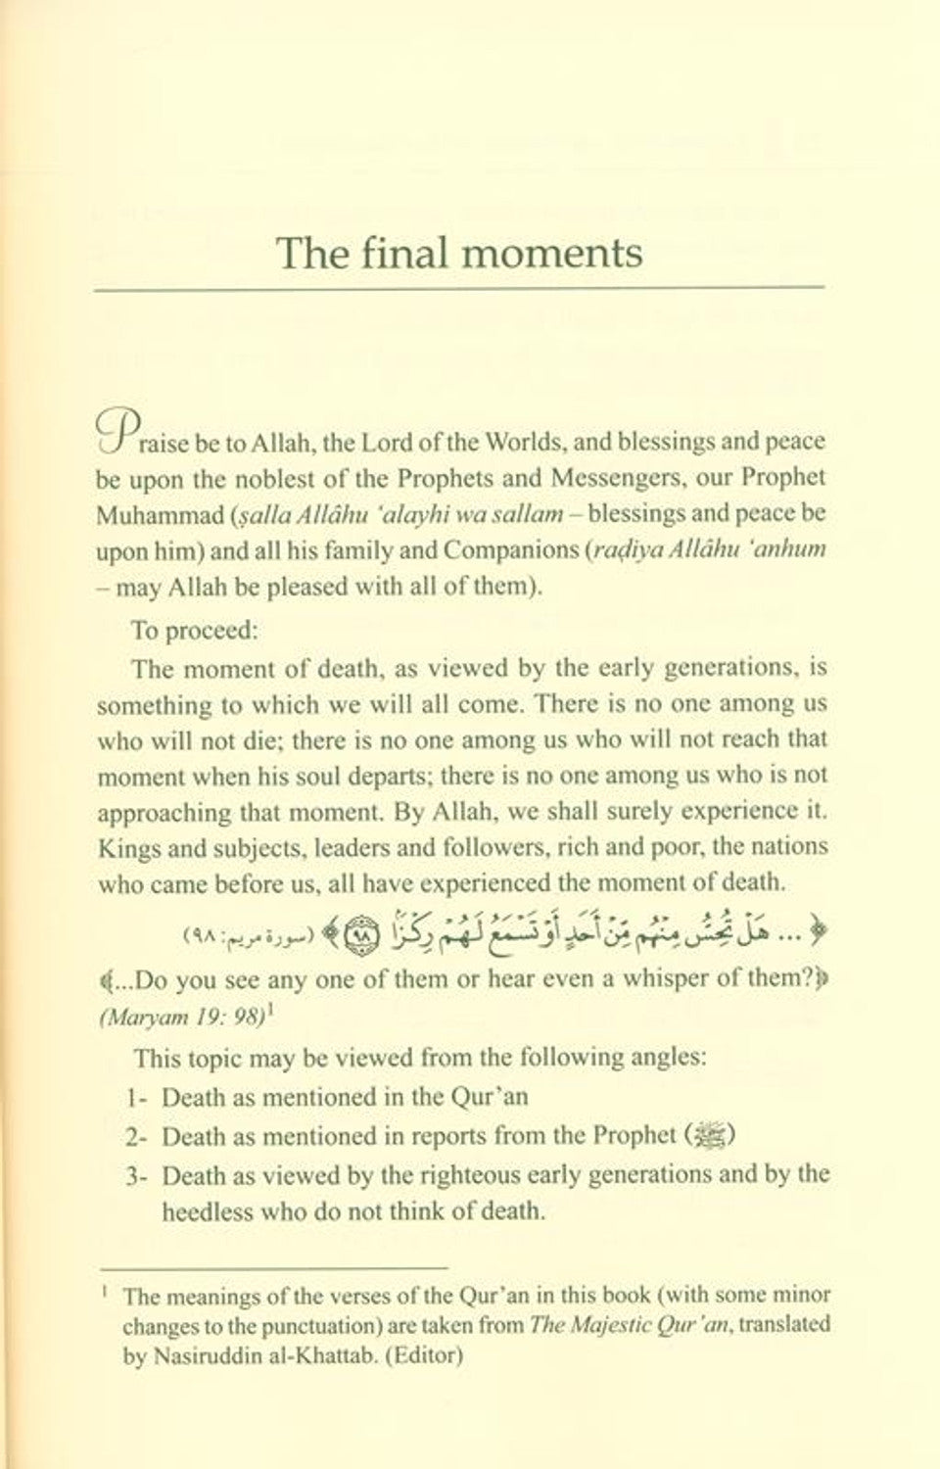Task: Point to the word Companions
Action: click(x=508, y=549)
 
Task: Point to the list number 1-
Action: click(x=137, y=1098)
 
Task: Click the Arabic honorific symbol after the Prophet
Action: click(x=710, y=1137)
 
